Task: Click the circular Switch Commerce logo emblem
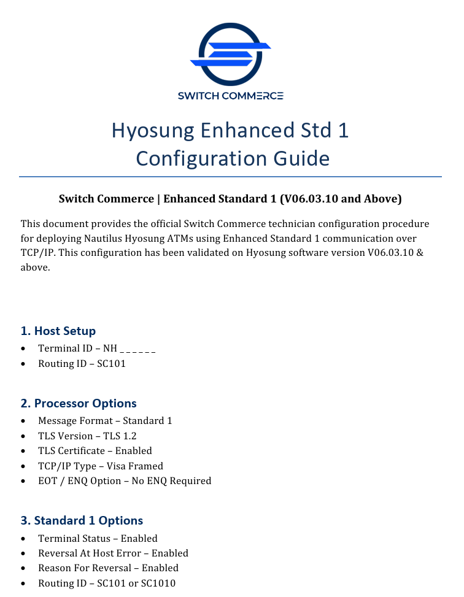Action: pyautogui.click(x=230, y=54)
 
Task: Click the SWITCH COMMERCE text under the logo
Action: pyautogui.click(x=230, y=96)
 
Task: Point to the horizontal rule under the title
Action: pyautogui.click(x=230, y=177)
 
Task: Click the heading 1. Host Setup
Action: pyautogui.click(x=58, y=331)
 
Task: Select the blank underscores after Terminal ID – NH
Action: pyautogui.click(x=137, y=349)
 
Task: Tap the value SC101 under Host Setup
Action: pyautogui.click(x=111, y=364)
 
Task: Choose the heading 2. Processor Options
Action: pyautogui.click(x=79, y=404)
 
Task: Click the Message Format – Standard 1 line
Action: pyautogui.click(x=105, y=421)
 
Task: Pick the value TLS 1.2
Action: pyautogui.click(x=120, y=436)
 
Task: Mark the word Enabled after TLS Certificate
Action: pyautogui.click(x=134, y=451)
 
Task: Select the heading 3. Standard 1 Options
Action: pyautogui.click(x=82, y=521)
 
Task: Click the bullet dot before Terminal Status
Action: pyautogui.click(x=23, y=539)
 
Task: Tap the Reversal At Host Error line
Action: pyautogui.click(x=113, y=553)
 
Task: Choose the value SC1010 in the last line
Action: pyautogui.click(x=160, y=584)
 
